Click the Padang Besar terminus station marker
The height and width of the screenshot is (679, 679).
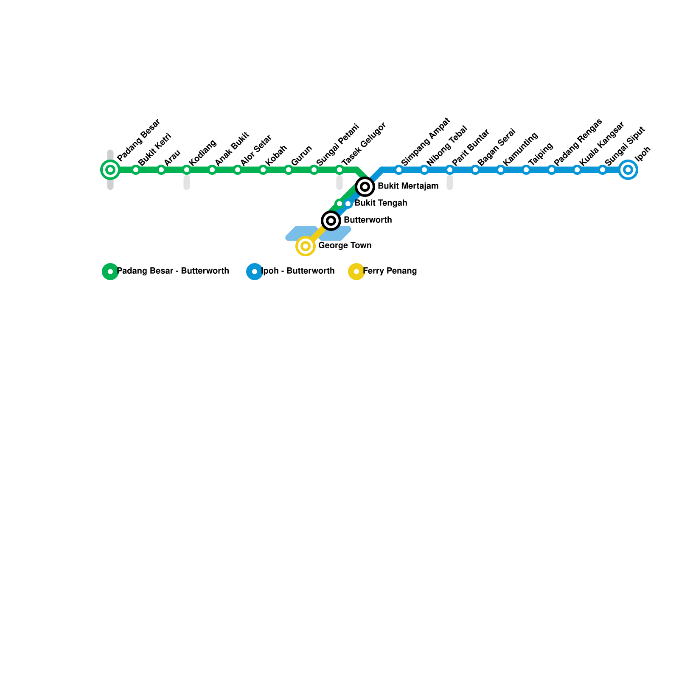click(110, 170)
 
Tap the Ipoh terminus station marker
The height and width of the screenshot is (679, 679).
click(628, 170)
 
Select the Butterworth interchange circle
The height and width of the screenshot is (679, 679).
click(331, 221)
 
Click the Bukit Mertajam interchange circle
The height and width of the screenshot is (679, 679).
click(365, 187)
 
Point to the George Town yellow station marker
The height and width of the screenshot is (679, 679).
click(306, 246)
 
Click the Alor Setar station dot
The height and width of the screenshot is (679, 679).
click(238, 170)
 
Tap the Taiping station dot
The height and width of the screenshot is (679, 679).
click(526, 170)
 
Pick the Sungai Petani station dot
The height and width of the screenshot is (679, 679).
click(314, 170)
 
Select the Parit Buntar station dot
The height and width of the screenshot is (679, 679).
click(450, 170)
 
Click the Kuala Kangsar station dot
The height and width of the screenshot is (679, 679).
click(577, 170)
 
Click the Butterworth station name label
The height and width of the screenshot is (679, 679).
click(368, 220)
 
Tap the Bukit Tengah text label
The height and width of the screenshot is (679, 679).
click(381, 203)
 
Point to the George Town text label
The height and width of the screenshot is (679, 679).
click(345, 246)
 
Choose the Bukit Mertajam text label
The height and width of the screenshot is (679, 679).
click(408, 186)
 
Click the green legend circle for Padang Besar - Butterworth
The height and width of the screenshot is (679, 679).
click(110, 272)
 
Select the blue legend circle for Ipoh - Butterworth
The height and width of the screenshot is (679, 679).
click(255, 272)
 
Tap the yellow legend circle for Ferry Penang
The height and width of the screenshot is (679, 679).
click(356, 272)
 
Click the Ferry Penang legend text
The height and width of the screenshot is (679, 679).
click(390, 271)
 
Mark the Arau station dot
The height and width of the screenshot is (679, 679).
click(161, 170)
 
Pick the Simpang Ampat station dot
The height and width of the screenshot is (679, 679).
click(399, 170)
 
